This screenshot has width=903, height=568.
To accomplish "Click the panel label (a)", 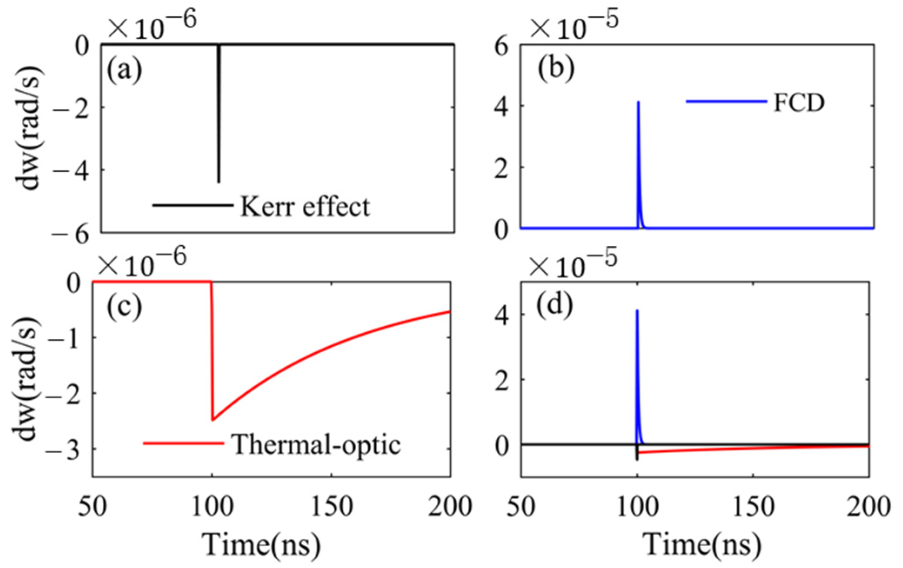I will tap(124, 69).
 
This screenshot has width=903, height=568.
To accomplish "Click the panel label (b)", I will tap(555, 68).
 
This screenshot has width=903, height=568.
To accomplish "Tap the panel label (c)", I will tap(124, 307).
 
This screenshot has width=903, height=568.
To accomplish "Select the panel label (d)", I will tap(554, 305).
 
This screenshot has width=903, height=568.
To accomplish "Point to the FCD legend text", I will tap(799, 103).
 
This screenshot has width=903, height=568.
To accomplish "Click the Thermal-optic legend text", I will tap(317, 444).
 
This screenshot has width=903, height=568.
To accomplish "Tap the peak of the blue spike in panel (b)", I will tap(638, 103).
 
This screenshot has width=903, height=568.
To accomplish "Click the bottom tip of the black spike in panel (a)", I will tap(219, 182).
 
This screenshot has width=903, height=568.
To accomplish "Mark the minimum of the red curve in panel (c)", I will tap(213, 420).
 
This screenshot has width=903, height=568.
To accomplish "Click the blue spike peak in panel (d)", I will tap(637, 311).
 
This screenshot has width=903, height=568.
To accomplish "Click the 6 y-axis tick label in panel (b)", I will tap(501, 46).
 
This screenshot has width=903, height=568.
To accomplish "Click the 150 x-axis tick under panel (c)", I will tap(331, 507).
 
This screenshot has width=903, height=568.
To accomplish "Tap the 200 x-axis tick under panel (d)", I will tap(868, 507).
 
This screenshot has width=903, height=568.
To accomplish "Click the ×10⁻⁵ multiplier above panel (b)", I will tap(574, 25).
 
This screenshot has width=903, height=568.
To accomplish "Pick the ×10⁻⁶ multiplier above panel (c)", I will tap(142, 262).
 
